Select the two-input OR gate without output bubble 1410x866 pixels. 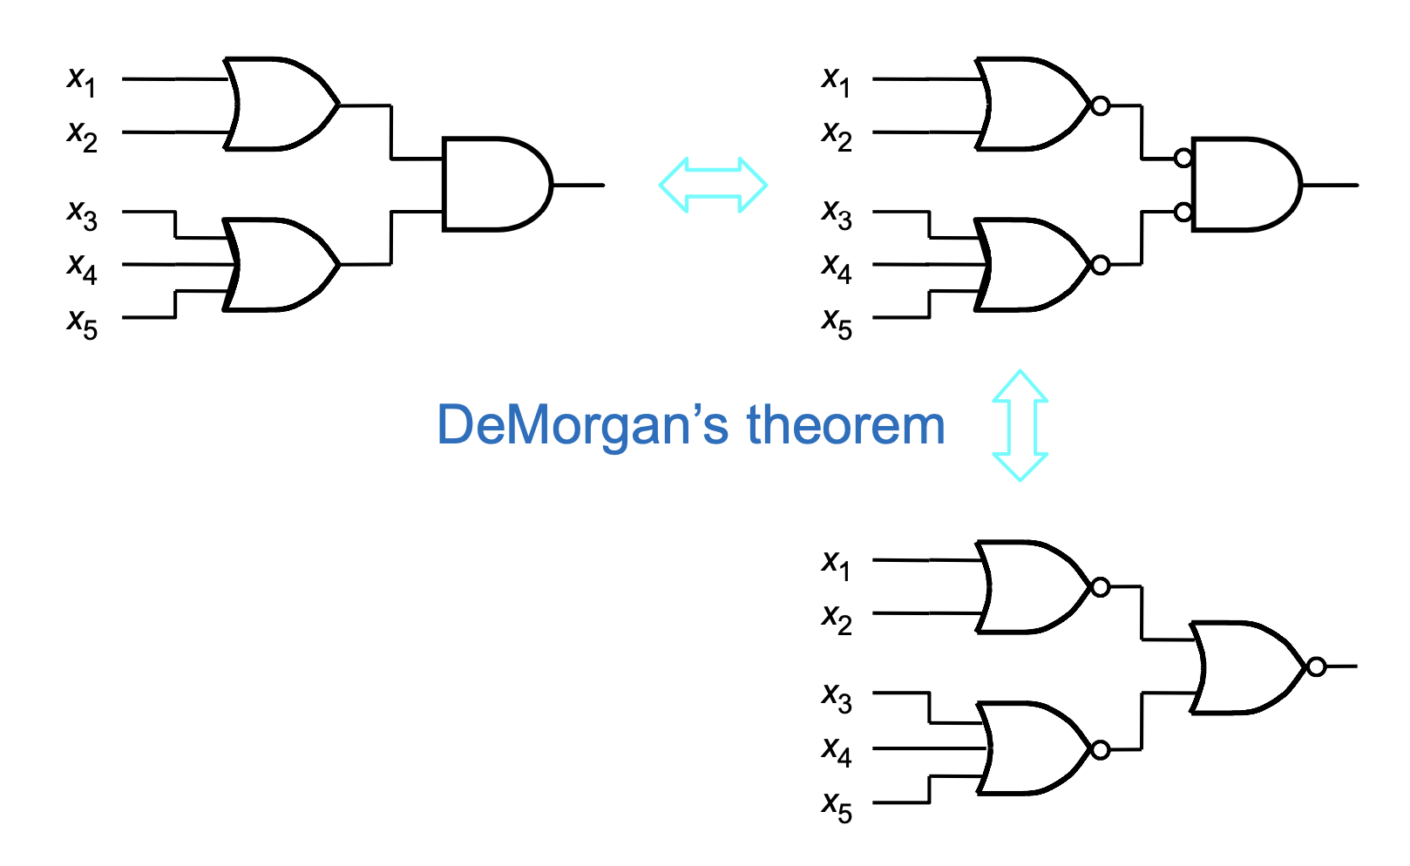coord(281,104)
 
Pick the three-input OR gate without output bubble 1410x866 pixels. coord(281,265)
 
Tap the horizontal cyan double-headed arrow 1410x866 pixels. coord(713,185)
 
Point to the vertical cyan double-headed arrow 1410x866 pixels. coord(1020,425)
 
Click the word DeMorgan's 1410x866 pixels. coord(582,425)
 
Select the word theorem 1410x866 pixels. coord(846,425)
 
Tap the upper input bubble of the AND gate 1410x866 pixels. coord(1183,158)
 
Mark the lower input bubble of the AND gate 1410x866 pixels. coord(1183,212)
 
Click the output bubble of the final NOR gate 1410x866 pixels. coord(1316,666)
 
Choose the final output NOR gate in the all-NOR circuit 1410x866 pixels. coord(1252,667)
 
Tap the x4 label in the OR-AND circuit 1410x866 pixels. coord(82,268)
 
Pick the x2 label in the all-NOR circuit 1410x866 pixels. coord(837,619)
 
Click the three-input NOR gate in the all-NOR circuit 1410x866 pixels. coord(1039,749)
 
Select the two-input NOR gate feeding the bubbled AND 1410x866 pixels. coord(1039,105)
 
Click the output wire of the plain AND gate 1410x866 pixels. coord(579,185)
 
